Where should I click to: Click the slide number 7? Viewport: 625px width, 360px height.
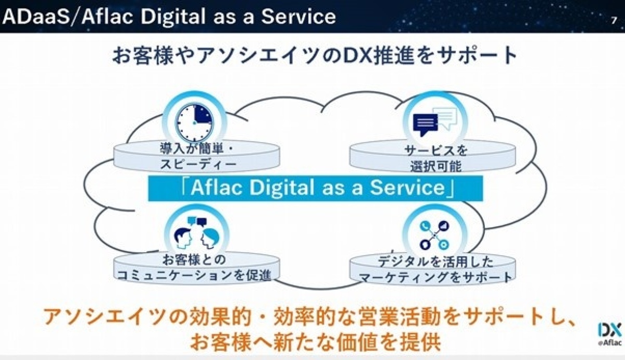(614, 21)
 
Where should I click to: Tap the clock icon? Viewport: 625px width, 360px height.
(194, 122)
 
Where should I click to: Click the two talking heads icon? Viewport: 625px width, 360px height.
(197, 233)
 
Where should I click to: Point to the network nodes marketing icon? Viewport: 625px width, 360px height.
(434, 235)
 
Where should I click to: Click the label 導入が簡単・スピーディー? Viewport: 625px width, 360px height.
(197, 156)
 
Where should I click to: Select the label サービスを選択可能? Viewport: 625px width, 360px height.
(435, 158)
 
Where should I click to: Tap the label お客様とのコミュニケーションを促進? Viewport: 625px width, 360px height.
(194, 267)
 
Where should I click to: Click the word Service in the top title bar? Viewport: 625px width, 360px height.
(298, 17)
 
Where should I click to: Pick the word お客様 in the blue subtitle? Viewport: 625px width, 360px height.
(142, 55)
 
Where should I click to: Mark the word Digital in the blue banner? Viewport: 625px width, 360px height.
(282, 187)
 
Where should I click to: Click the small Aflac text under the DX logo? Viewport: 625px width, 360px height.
(610, 343)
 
